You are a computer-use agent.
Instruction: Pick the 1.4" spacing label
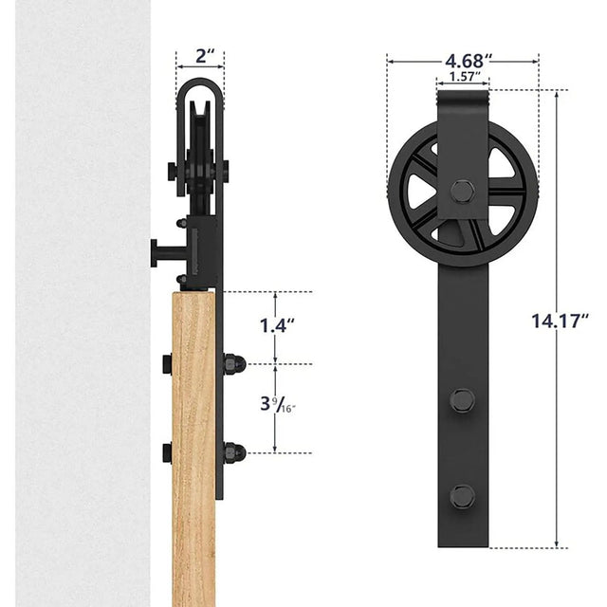pyautogui.click(x=276, y=326)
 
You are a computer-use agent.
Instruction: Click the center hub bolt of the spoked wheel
pyautogui.click(x=462, y=191)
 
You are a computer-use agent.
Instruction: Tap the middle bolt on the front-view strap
pyautogui.click(x=462, y=399)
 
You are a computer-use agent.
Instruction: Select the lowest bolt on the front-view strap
pyautogui.click(x=462, y=495)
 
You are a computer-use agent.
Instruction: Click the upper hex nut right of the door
pyautogui.click(x=232, y=363)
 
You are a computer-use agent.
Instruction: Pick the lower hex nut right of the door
pyautogui.click(x=232, y=452)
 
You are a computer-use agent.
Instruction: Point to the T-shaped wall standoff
pyautogui.click(x=161, y=253)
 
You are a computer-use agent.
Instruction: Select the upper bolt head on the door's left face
pyautogui.click(x=167, y=363)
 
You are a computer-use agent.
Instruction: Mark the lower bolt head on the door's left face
pyautogui.click(x=167, y=452)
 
